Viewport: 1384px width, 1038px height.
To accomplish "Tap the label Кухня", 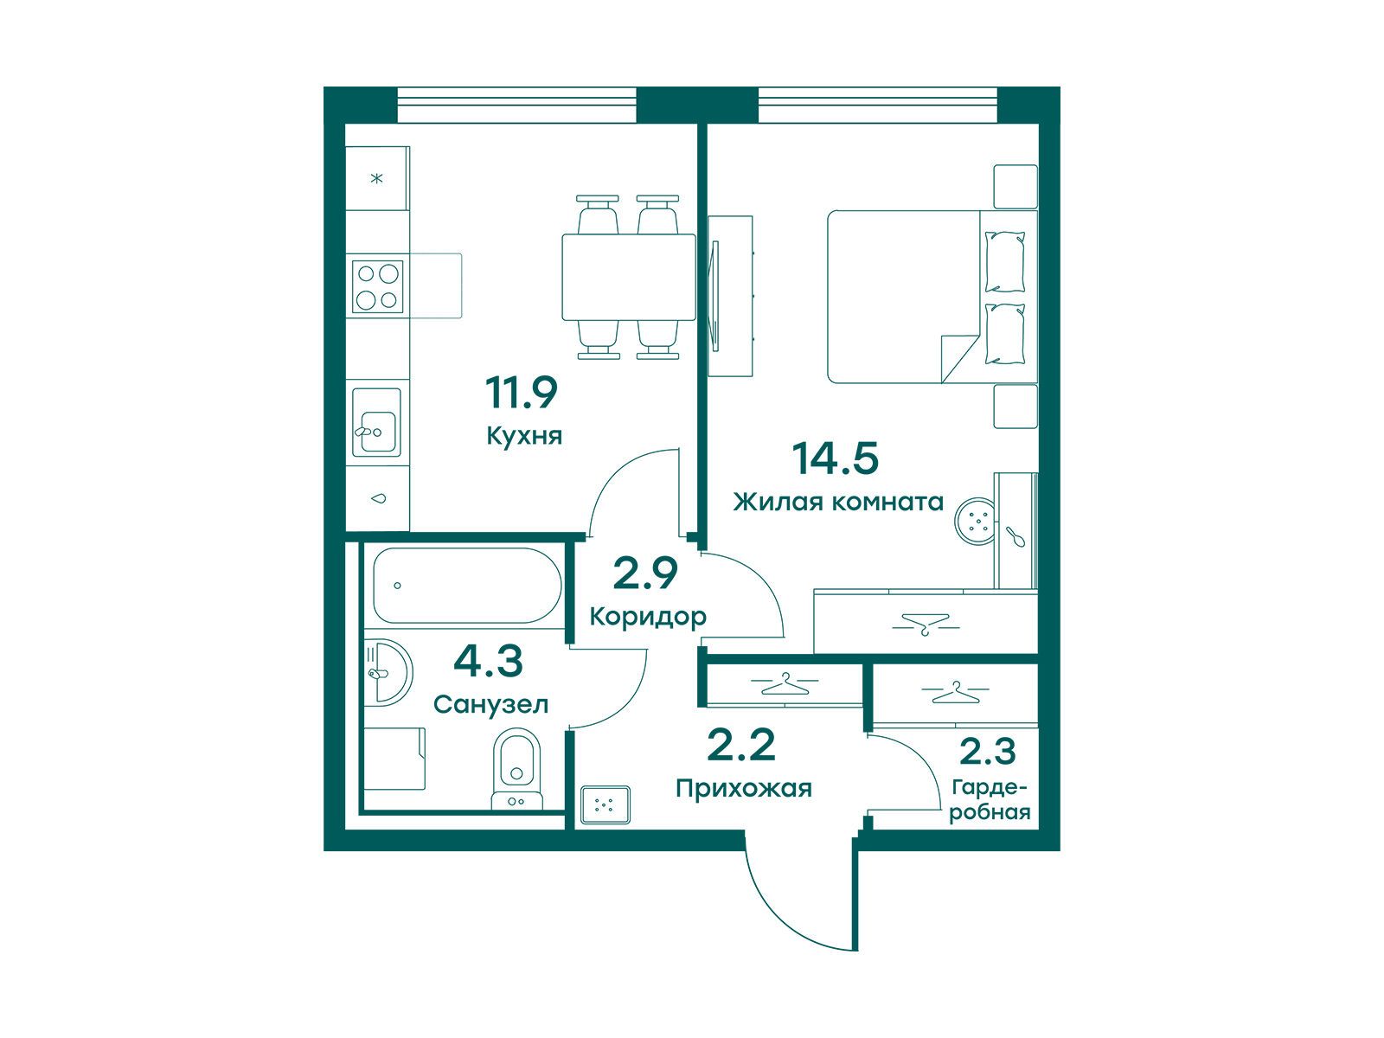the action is (524, 436).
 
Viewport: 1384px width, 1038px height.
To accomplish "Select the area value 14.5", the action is (835, 458).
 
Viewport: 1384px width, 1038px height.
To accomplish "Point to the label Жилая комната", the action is (838, 503).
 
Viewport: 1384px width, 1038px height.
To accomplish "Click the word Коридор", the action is (648, 617).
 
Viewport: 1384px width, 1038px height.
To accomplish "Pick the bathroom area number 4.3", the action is (488, 662).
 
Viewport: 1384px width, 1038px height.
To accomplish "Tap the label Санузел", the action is (490, 704).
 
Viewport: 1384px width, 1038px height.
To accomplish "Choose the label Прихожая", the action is (743, 788).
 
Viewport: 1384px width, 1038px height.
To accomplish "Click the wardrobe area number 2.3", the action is (988, 751).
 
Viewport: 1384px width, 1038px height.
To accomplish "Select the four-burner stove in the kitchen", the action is (378, 286).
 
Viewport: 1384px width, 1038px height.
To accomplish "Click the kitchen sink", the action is (376, 422).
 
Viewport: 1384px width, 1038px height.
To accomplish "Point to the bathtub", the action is (467, 586).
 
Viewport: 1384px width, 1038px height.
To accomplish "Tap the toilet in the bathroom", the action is (517, 769).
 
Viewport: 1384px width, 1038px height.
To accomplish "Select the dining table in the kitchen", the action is (629, 278).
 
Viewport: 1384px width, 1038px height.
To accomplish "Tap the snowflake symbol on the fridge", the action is (376, 178).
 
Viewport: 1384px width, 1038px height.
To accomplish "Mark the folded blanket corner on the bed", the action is (958, 359).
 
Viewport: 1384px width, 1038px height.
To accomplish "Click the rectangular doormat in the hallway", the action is (605, 804).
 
